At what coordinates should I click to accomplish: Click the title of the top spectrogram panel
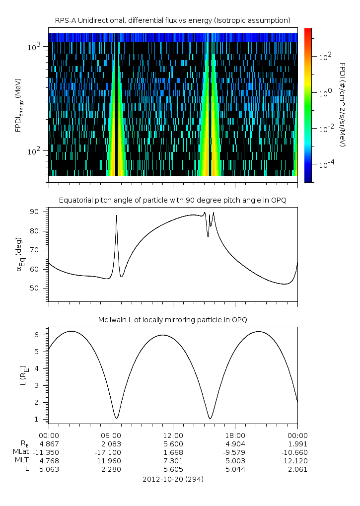click(173, 20)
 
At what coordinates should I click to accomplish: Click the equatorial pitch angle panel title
click(173, 200)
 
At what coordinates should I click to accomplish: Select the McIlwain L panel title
click(173, 319)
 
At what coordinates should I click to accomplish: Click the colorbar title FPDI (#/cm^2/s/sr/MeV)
click(342, 104)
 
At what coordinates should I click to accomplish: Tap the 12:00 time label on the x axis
click(173, 434)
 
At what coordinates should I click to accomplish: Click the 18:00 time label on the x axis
click(235, 434)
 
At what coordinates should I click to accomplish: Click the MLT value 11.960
click(111, 461)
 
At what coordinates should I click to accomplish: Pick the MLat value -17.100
click(111, 452)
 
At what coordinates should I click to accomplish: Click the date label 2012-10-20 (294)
click(173, 479)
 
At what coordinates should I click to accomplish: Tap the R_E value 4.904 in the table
click(235, 443)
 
